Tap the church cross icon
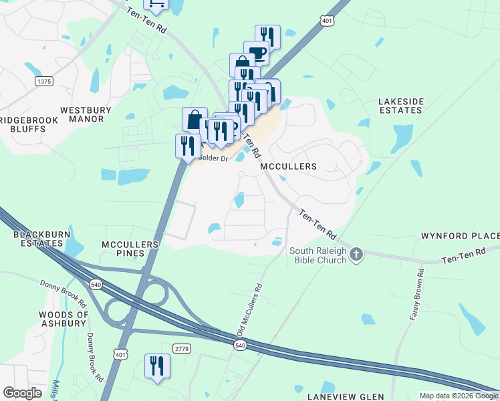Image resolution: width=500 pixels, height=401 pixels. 356,254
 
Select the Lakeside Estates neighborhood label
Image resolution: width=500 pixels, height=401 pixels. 401,106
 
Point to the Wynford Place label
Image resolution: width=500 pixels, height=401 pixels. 460,236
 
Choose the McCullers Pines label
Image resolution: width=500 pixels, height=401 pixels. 130,249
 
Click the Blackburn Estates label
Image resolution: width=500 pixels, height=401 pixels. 37,239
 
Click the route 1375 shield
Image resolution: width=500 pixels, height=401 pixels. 44,81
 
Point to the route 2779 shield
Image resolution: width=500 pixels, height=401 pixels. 181,348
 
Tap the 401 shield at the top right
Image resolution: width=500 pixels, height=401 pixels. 327,21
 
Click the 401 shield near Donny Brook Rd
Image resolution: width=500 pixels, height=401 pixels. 120,353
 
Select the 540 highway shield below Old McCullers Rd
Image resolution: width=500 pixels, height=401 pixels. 241,346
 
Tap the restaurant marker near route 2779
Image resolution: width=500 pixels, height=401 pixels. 158,366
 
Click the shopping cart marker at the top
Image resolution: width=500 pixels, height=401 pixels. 156,4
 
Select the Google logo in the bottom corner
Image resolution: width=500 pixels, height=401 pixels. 22,393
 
